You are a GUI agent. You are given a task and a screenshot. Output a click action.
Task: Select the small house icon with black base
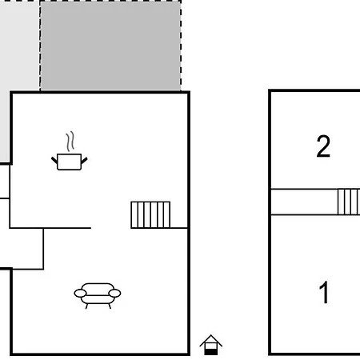pos(210,345)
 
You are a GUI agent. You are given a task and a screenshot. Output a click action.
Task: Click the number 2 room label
pos(323,146)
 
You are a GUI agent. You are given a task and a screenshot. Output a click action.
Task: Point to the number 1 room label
pos(324,292)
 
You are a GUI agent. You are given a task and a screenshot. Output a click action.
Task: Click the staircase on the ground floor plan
pos(150,215)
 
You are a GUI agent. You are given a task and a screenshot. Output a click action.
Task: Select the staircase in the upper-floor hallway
pos(349,202)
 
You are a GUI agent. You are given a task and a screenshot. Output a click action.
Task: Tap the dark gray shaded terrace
pos(110,46)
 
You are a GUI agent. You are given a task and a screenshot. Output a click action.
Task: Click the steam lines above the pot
pos(70,141)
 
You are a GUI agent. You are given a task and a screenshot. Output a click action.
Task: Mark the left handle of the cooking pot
pos(54,160)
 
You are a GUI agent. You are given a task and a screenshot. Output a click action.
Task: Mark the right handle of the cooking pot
pos(84,161)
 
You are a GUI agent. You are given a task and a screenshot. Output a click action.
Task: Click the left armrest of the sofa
pos(80,294)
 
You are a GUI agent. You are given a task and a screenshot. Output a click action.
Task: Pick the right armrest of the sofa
pos(114,294)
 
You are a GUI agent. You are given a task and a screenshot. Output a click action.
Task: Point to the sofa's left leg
pos(86,306)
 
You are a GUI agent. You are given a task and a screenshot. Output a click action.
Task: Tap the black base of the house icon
pos(211,352)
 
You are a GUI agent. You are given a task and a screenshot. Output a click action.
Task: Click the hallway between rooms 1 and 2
pos(304,202)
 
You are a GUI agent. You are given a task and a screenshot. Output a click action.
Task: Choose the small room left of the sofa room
pos(22,249)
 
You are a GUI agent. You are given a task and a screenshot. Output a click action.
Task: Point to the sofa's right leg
pos(110,306)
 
